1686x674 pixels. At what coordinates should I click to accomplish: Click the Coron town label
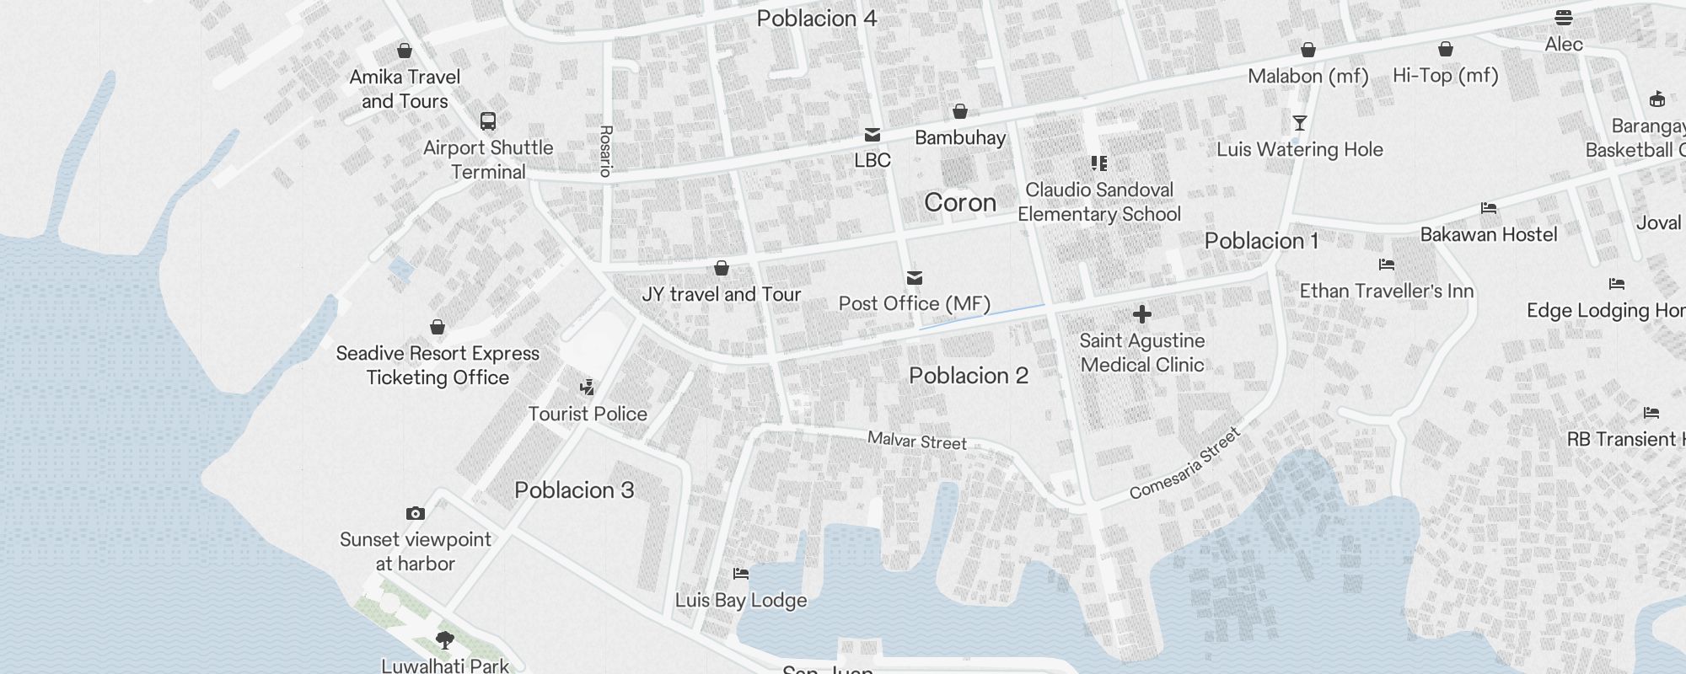(960, 203)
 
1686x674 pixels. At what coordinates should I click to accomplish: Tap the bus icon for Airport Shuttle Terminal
(488, 121)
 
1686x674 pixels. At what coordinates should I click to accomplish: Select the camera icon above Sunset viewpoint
(415, 513)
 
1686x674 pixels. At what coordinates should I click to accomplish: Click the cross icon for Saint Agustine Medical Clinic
(1142, 314)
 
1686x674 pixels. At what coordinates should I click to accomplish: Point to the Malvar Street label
(917, 441)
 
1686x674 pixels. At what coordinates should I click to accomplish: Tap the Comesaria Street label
(1184, 463)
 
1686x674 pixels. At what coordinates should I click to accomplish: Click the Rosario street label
(605, 151)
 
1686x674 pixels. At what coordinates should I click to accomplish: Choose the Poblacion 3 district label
(574, 490)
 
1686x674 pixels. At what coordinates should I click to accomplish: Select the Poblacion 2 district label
(969, 376)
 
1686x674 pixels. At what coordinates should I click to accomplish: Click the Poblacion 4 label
(817, 19)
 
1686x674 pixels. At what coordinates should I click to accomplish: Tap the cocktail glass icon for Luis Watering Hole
(1300, 123)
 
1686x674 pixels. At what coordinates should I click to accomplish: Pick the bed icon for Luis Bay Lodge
(741, 574)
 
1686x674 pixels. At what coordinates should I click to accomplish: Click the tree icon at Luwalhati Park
(445, 640)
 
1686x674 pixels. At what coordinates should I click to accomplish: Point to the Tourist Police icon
(588, 388)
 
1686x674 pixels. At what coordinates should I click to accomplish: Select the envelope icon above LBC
(873, 135)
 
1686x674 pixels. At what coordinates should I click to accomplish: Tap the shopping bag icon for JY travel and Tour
(722, 268)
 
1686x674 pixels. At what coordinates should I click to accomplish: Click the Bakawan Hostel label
(1489, 234)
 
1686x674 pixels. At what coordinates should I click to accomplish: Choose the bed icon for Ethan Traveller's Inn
(1387, 265)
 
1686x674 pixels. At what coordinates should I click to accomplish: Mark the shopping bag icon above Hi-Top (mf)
(1446, 50)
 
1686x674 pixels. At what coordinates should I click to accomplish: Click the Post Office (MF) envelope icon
(915, 278)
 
